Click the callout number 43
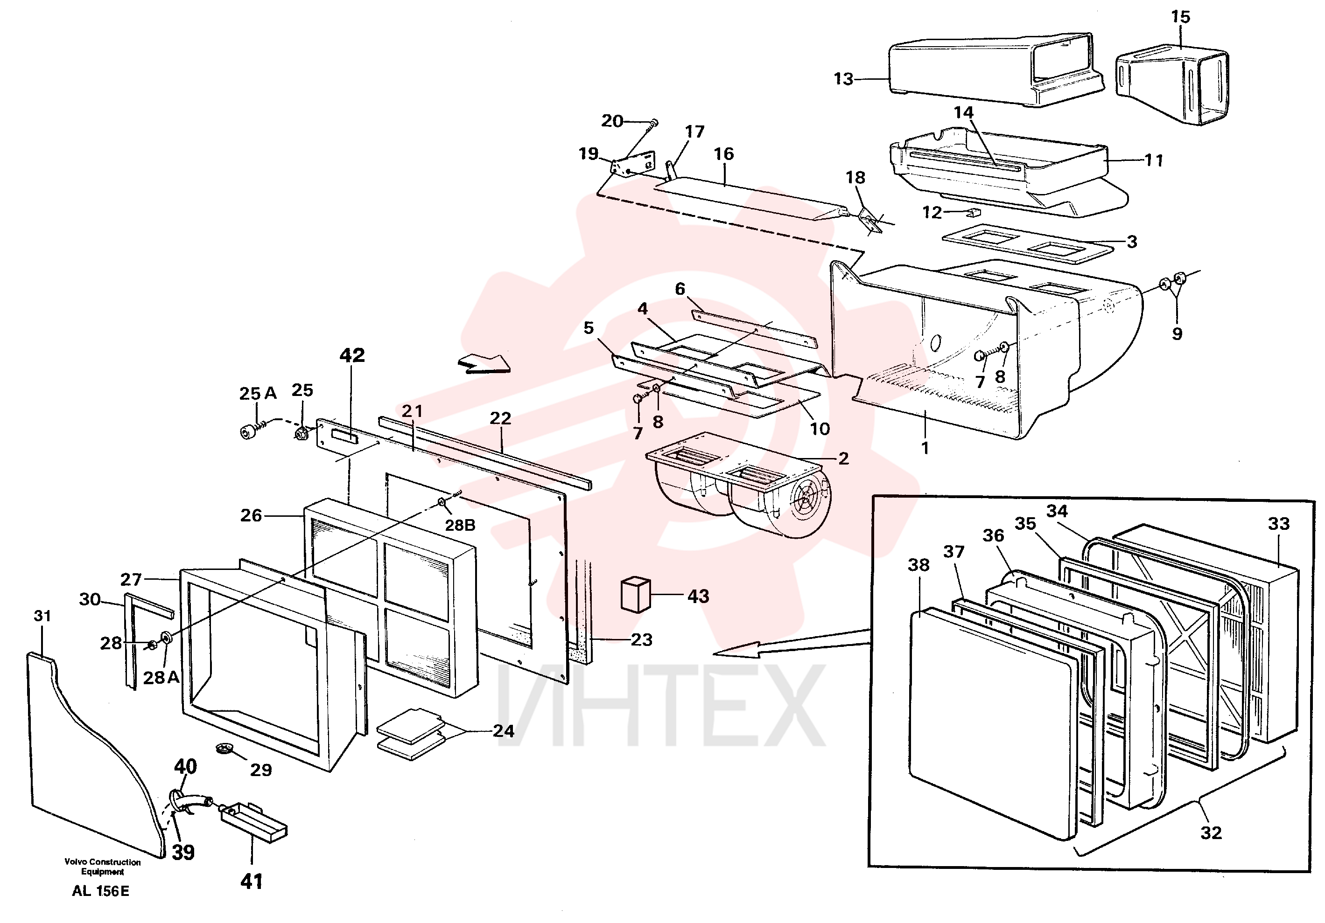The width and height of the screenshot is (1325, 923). (698, 596)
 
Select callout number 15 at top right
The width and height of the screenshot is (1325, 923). (1180, 17)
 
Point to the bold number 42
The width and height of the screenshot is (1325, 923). (352, 355)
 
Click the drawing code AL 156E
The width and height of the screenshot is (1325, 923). (100, 891)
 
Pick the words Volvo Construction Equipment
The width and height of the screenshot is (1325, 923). (103, 867)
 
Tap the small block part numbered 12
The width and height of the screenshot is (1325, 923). (974, 212)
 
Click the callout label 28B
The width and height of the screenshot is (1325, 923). (460, 525)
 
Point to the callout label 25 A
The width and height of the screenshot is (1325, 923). (258, 394)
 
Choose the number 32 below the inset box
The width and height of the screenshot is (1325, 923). (1211, 833)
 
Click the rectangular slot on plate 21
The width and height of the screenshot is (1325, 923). (344, 437)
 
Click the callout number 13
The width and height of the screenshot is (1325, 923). (844, 78)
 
